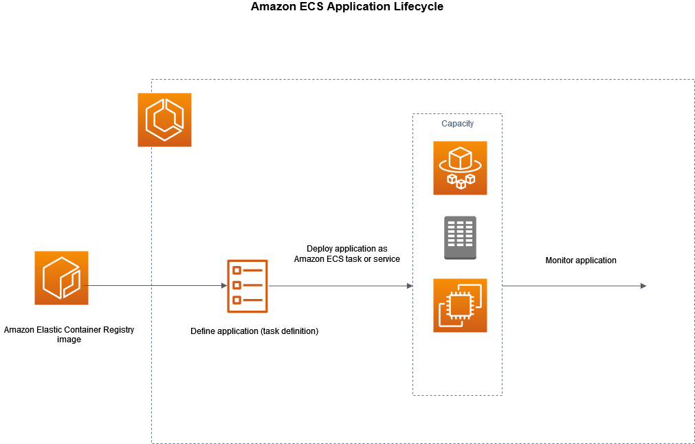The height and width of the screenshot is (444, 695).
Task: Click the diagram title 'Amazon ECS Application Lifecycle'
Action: (x=347, y=7)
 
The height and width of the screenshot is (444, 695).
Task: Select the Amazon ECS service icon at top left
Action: (x=164, y=120)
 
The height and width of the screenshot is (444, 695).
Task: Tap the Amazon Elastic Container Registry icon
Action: (x=61, y=278)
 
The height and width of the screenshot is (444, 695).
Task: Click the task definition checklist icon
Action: (x=247, y=285)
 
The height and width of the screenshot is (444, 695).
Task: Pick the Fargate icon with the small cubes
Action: (x=460, y=168)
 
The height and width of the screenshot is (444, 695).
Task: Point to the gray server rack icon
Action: (x=460, y=238)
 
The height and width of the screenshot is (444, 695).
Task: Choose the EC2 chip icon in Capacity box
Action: (x=460, y=305)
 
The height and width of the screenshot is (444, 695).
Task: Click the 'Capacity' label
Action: (x=457, y=124)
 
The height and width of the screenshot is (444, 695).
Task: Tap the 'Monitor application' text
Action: (x=581, y=260)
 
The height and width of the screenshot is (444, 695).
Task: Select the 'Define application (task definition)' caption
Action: (x=254, y=331)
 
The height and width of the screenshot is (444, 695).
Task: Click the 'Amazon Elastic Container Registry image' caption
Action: (x=69, y=334)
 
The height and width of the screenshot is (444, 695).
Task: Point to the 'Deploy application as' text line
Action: (x=346, y=249)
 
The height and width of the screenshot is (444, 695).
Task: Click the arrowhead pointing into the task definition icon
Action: (x=223, y=285)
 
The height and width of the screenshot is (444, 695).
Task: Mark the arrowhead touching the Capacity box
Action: (x=409, y=285)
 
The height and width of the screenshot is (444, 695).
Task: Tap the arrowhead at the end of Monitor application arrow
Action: (x=643, y=285)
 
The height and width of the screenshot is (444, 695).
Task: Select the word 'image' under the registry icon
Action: (x=69, y=340)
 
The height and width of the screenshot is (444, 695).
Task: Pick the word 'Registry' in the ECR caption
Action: (x=118, y=330)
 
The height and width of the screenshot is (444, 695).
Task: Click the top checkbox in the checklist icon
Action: (x=237, y=270)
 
